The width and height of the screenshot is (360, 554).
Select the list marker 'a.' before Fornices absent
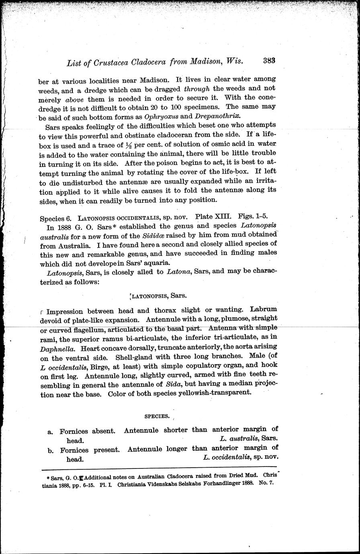(51, 432)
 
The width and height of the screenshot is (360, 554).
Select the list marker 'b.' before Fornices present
(51, 450)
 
